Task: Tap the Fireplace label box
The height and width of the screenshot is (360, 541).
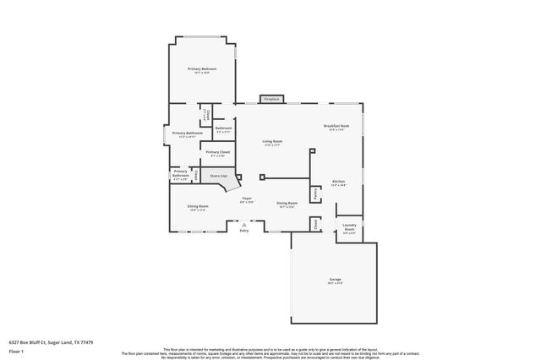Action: pos(271,99)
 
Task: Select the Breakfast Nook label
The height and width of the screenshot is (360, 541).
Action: pos(336,127)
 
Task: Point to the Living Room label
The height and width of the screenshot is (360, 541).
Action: pos(272,142)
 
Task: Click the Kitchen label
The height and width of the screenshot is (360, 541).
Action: pos(338,183)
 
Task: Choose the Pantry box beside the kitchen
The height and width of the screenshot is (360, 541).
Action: pos(315,194)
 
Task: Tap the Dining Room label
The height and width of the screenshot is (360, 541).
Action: pos(287,204)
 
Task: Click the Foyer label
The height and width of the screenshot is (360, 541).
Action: pos(248,199)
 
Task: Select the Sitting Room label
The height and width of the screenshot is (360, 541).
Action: pos(199,208)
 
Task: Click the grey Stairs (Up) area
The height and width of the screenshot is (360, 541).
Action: pos(219,176)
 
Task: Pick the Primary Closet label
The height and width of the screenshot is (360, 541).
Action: pos(218,153)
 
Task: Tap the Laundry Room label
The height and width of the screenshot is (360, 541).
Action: pos(348,228)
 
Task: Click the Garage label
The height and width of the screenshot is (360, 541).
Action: pos(335,280)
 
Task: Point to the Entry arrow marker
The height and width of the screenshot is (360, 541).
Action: pos(244,223)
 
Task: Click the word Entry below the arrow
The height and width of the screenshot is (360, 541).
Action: pos(244,230)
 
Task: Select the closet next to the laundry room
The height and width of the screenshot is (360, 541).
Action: pos(316,224)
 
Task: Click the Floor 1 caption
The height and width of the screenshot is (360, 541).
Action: pos(16,351)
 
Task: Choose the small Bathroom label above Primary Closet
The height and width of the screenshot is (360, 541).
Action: pos(223,130)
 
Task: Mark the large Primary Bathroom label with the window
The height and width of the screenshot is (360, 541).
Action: pos(188,134)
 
